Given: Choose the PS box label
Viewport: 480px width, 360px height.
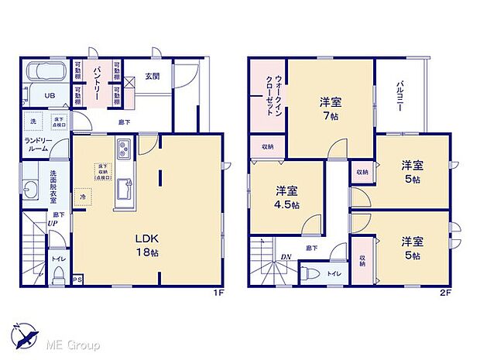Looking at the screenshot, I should pos(77,279).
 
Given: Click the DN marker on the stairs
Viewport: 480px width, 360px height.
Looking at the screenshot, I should pos(286,256).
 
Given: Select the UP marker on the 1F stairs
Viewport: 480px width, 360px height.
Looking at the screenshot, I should pos(51,223).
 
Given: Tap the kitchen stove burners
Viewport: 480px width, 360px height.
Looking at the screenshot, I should pos(124,147).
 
